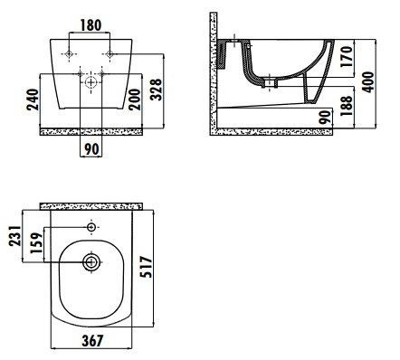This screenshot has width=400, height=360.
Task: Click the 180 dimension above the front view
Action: [90, 25]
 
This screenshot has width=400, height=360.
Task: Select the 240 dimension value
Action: [33, 99]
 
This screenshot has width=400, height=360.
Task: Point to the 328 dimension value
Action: [156, 90]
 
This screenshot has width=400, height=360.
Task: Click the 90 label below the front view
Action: [91, 149]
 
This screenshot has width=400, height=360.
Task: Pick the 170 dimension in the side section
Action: [347, 56]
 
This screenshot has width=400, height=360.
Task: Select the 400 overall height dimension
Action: [367, 81]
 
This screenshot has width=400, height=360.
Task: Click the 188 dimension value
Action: [347, 106]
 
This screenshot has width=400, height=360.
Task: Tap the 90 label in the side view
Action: [325, 118]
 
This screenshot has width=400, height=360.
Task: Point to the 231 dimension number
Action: [15, 236]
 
